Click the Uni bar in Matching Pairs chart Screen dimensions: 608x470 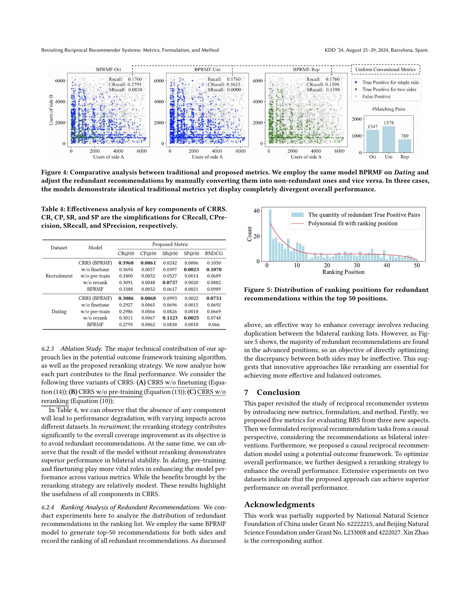pyautogui.click(x=389, y=139)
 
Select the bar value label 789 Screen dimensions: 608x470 pyautogui.click(x=404, y=136)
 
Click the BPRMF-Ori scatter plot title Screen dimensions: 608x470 pyautogui.click(x=109, y=70)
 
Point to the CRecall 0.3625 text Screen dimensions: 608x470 pyautogui.click(x=224, y=85)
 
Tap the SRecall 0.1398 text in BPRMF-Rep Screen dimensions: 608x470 pyautogui.click(x=323, y=90)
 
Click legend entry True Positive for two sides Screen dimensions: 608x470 pyautogui.click(x=389, y=89)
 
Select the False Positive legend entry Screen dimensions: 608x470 pyautogui.click(x=376, y=97)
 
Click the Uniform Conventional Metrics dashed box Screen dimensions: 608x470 pyautogui.click(x=385, y=70)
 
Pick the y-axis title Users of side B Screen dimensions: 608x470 pyautogui.click(x=51, y=110)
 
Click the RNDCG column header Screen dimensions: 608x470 pyautogui.click(x=213, y=253)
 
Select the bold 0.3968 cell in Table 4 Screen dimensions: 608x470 pyautogui.click(x=126, y=263)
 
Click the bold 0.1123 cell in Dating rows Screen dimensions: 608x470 pyautogui.click(x=170, y=318)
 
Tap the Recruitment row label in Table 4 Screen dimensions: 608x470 pyautogui.click(x=59, y=276)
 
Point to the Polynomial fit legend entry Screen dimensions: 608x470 pyautogui.click(x=352, y=224)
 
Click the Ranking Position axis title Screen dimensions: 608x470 pyautogui.click(x=343, y=272)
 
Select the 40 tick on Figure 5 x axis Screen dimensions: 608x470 pyautogui.click(x=387, y=265)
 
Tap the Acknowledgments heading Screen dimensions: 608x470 pyautogui.click(x=279, y=505)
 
